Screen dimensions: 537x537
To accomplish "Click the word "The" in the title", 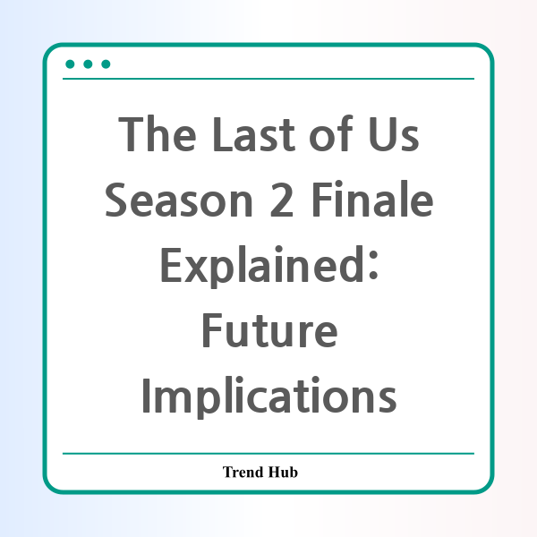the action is [x=158, y=133].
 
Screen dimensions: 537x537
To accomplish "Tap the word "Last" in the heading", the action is [x=253, y=134].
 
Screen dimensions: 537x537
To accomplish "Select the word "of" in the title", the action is [x=331, y=132].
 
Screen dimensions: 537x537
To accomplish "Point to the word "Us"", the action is [x=394, y=134].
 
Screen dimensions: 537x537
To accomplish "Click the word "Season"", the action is [x=179, y=200].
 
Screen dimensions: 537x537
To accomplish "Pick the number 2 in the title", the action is [x=282, y=200].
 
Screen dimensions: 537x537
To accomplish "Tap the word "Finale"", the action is [x=372, y=199].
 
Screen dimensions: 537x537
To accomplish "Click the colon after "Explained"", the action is [x=373, y=265].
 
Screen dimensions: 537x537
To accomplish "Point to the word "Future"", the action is [x=270, y=331].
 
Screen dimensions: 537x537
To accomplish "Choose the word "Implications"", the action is [x=269, y=397].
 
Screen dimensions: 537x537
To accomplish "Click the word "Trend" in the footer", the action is [x=243, y=472].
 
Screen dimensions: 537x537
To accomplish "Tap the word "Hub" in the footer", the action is [x=283, y=472].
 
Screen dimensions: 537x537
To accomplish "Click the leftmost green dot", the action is [x=70, y=64].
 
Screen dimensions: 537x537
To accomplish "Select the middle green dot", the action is [x=88, y=64].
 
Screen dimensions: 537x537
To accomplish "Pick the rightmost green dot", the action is [x=106, y=64].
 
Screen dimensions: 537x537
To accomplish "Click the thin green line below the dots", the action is [x=268, y=79].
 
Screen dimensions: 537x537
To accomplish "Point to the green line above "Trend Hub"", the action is [x=268, y=454].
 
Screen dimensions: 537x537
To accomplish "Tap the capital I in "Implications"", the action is [x=146, y=396].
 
